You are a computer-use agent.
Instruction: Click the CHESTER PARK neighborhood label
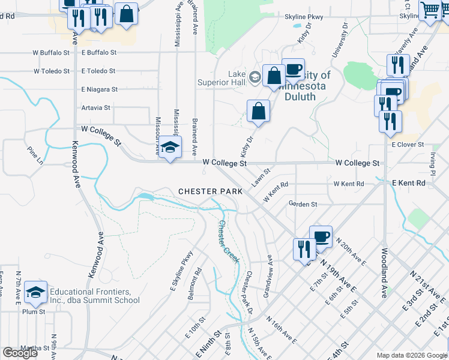coord(210,191)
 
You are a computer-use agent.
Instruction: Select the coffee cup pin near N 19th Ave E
coord(321,235)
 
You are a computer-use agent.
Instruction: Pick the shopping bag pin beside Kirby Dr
coord(258,111)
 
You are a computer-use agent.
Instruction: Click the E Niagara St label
coord(100,89)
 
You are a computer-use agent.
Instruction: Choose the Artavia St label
coord(96,108)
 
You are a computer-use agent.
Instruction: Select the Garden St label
coord(303,205)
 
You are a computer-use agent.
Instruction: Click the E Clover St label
coord(408,145)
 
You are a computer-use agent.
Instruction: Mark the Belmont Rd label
coord(196,287)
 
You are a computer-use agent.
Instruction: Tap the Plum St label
coord(34,312)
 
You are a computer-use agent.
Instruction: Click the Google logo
coord(20,353)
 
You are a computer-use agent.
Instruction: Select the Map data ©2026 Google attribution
coord(411,355)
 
